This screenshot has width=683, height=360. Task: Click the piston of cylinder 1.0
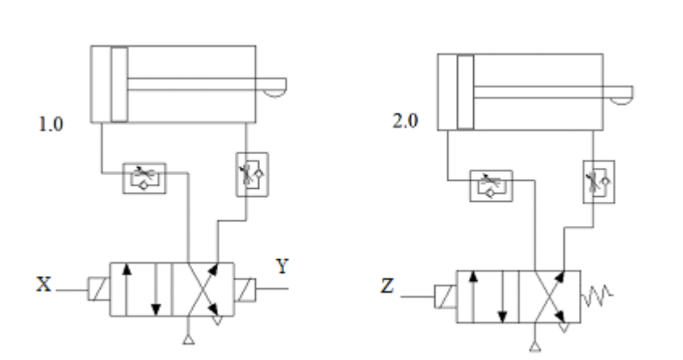click(119, 84)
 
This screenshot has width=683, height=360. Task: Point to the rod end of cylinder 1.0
click(274, 84)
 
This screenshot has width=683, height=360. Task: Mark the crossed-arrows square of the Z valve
click(549, 296)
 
